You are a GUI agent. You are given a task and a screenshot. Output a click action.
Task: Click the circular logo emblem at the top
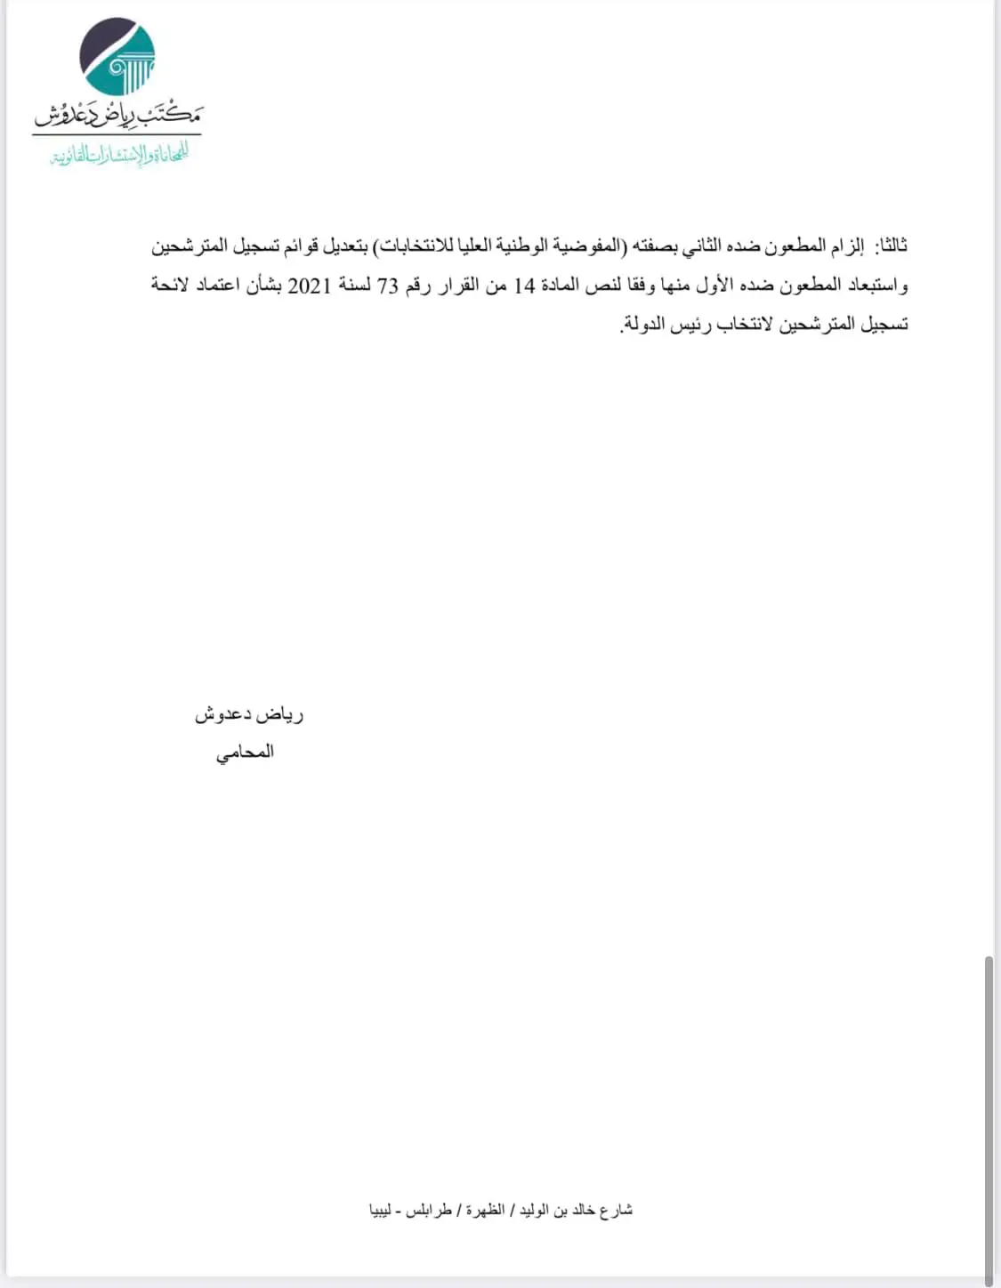117,57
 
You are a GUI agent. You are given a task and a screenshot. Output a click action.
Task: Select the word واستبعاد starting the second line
876,286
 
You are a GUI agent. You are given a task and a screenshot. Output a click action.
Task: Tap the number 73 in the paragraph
389,286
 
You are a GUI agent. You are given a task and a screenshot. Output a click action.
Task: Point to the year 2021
309,286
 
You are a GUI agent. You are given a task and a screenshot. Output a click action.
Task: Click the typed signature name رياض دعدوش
249,714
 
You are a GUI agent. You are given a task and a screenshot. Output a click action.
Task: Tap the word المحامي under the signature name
245,753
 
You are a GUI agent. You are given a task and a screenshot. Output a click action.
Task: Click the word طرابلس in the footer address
429,1210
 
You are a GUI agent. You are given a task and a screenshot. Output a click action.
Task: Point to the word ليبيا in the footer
381,1210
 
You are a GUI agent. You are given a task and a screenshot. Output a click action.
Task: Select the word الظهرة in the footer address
485,1210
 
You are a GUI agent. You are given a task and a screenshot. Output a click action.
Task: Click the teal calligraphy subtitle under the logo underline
119,155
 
